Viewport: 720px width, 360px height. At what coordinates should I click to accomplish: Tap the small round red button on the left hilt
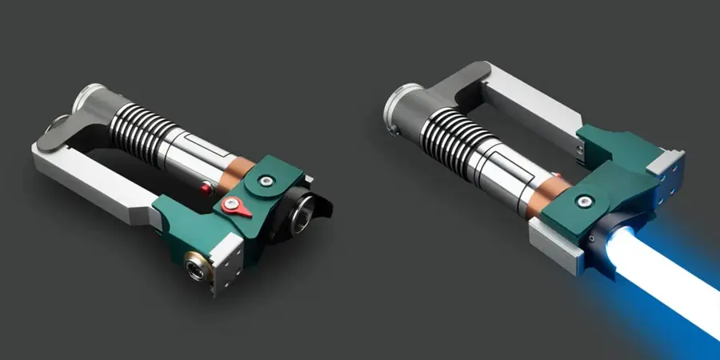point(206,188)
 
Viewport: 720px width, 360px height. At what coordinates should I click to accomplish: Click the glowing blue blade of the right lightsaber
point(664,280)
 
